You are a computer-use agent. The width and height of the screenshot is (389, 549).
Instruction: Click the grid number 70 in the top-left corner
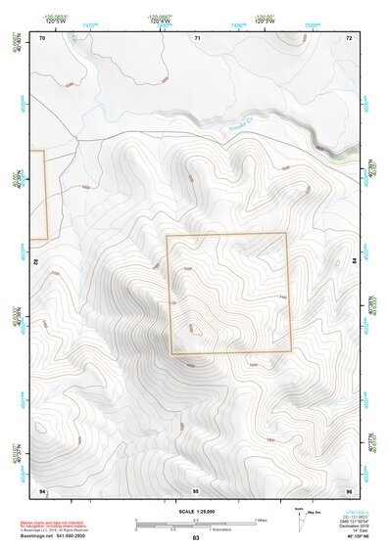tap(42, 37)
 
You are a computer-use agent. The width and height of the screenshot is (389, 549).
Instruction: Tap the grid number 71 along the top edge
tap(196, 37)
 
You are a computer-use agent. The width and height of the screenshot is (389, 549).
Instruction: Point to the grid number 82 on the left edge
tap(36, 262)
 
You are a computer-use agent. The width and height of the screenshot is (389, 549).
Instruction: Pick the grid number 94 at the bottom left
tap(42, 488)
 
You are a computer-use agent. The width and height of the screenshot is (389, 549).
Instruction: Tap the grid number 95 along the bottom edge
tap(196, 488)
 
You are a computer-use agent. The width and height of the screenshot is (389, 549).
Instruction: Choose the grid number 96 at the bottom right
tap(348, 488)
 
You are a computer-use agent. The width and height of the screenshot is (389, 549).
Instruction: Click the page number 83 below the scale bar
tap(196, 539)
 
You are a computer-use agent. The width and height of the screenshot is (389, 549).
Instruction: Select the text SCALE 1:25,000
tap(195, 512)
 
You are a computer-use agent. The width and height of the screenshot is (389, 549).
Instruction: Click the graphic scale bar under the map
tap(194, 526)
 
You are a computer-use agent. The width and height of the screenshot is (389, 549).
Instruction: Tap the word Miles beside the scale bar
tap(261, 520)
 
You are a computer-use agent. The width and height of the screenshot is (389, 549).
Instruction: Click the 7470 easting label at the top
tap(90, 23)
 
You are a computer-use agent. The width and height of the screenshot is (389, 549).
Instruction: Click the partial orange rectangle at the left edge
tap(39, 195)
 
